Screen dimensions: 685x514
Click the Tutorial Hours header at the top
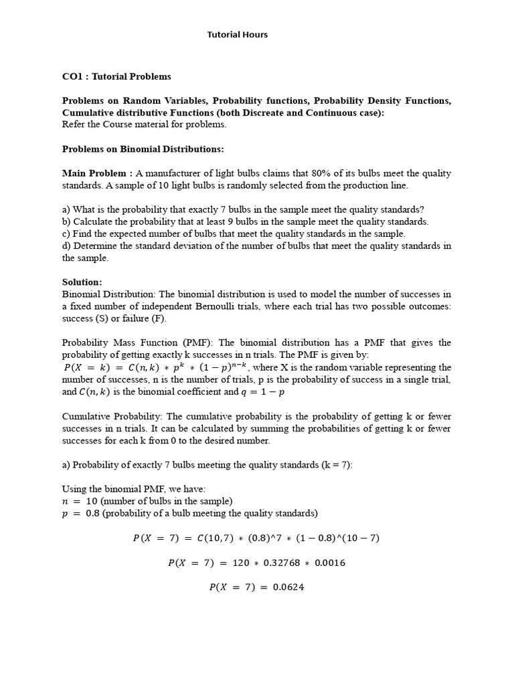[x=237, y=35]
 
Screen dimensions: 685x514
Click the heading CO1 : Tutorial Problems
[x=116, y=77]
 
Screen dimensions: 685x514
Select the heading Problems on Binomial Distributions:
[x=143, y=149]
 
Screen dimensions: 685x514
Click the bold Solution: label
[x=82, y=282]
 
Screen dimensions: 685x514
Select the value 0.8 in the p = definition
[x=92, y=514]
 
